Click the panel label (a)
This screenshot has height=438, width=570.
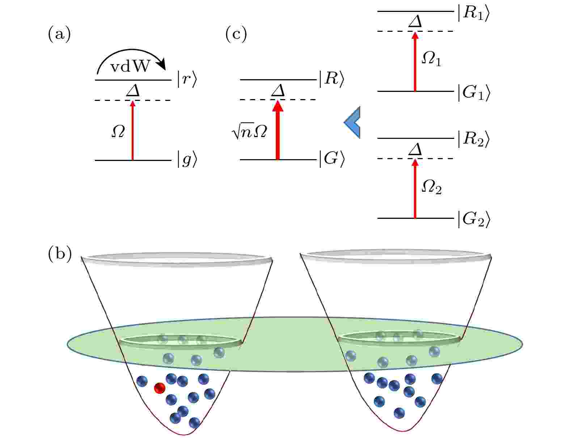coord(59,34)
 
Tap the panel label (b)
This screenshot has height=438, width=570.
coord(60,254)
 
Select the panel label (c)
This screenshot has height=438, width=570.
coord(236,34)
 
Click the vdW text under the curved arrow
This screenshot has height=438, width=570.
coord(130,67)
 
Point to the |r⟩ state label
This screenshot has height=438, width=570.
coord(187,79)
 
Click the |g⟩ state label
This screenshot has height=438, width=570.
coord(187,160)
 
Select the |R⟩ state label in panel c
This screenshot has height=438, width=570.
coord(332,79)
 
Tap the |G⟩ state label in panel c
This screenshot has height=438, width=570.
coord(332,159)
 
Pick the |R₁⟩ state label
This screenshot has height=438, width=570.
coord(474,13)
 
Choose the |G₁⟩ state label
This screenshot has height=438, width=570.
coord(474,93)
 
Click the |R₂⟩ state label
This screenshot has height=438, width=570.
coord(474,139)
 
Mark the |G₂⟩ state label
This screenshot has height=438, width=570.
coord(474,219)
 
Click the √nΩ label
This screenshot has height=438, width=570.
coord(249,131)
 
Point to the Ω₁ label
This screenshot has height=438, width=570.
coord(431,59)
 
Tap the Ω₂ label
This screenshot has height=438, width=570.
coord(431,187)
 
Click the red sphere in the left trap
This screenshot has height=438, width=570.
coord(160,388)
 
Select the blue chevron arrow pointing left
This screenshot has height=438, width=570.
coord(352,122)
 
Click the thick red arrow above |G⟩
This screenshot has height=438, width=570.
coord(278,130)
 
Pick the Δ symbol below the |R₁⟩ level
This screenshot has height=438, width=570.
coord(415,21)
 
